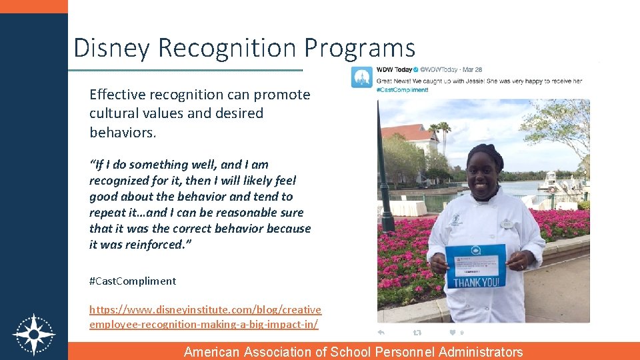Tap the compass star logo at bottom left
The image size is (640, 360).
point(34,333)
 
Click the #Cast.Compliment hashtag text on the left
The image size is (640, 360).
point(133,281)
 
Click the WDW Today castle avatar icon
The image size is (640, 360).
point(361,77)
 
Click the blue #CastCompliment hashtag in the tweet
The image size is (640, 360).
point(403,90)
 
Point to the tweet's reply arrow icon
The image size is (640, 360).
point(381,332)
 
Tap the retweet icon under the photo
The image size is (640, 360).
point(417,332)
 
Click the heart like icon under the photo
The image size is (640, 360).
point(452,332)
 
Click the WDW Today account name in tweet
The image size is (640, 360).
point(394,69)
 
